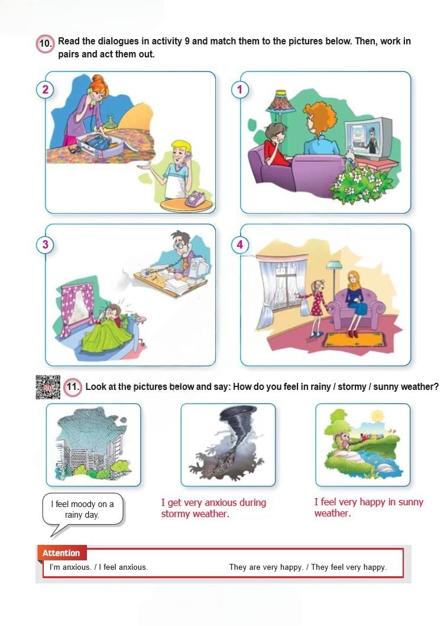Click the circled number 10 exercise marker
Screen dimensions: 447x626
coord(45,43)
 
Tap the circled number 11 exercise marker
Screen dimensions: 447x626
coord(73,386)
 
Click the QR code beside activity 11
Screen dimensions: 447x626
coord(48,387)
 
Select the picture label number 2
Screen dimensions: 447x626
coord(45,89)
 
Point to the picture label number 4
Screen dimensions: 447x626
coord(240,244)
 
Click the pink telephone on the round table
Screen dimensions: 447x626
coord(195,198)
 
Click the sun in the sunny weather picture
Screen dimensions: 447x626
coord(377,417)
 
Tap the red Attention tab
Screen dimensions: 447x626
coord(61,553)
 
